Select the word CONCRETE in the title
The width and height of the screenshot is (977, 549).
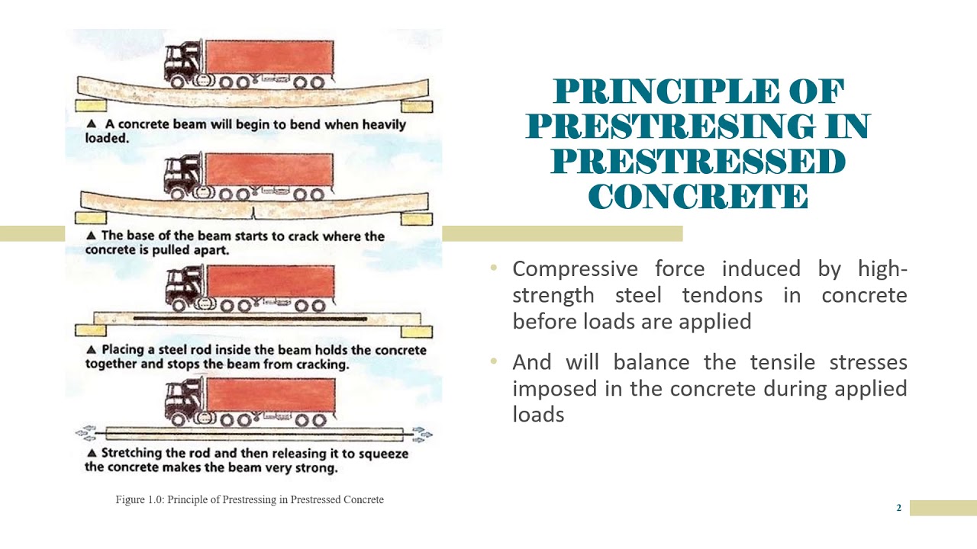click(x=698, y=197)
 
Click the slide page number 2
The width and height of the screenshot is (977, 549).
click(x=899, y=508)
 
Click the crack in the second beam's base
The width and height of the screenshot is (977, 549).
click(x=253, y=213)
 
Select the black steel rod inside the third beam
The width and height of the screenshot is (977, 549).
click(x=249, y=317)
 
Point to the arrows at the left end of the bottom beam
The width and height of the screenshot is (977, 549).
click(x=85, y=434)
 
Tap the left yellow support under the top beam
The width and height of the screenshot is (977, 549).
click(x=91, y=106)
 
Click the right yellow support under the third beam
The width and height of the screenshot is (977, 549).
click(x=417, y=331)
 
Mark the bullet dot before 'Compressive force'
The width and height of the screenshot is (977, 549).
click(x=494, y=268)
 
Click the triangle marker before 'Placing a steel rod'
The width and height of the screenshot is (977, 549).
click(x=91, y=350)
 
